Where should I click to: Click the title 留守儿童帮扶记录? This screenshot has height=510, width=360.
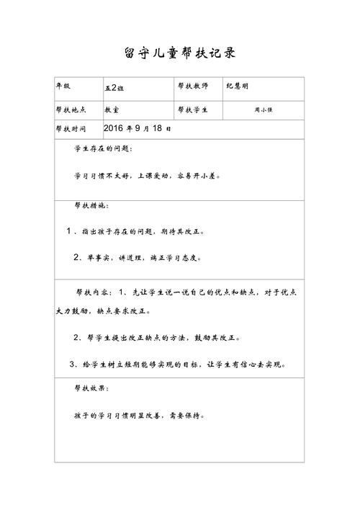(180, 53)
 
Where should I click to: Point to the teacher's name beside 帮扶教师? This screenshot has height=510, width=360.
(239, 86)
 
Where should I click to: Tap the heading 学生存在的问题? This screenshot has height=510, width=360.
(103, 149)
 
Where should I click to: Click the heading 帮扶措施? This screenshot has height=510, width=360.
(91, 205)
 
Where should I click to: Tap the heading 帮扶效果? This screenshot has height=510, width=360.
(91, 388)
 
